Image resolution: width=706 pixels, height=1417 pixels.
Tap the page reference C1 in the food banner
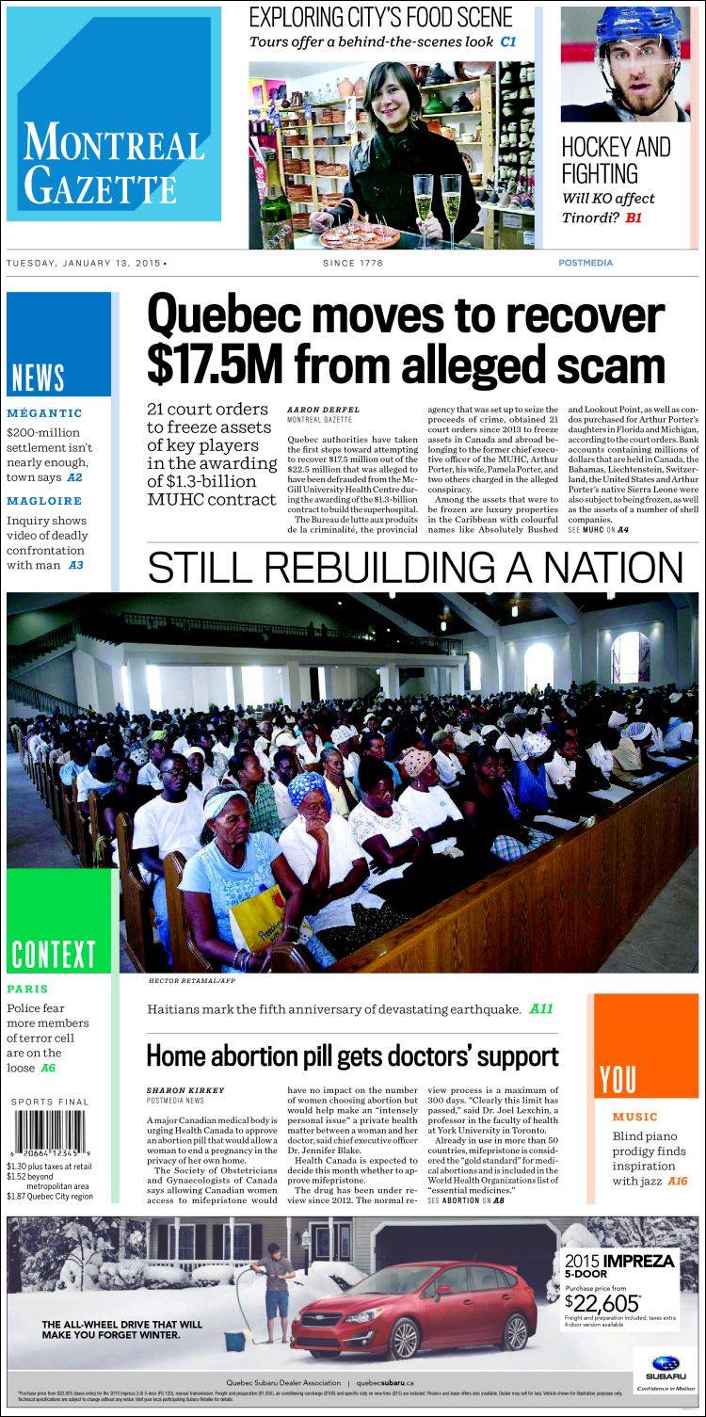click(x=508, y=41)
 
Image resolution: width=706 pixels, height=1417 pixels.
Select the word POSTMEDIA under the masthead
click(x=585, y=263)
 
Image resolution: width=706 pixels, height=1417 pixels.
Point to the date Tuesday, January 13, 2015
click(x=85, y=263)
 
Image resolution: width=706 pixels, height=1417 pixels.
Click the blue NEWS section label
click(x=38, y=378)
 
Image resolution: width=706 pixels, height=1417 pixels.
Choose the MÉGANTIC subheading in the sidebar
click(x=44, y=412)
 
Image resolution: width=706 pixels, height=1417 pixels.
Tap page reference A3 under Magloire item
click(x=75, y=565)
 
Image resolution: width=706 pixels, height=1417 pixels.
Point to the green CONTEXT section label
click(x=53, y=953)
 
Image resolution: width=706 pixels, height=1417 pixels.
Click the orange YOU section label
click(x=618, y=1079)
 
